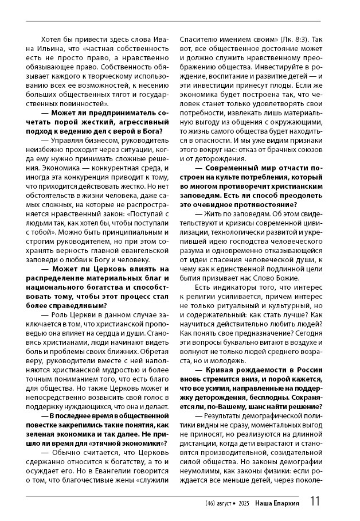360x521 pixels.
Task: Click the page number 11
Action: point(315,501)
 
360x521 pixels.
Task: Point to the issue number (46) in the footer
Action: point(210,503)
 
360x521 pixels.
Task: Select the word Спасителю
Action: point(198,39)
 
